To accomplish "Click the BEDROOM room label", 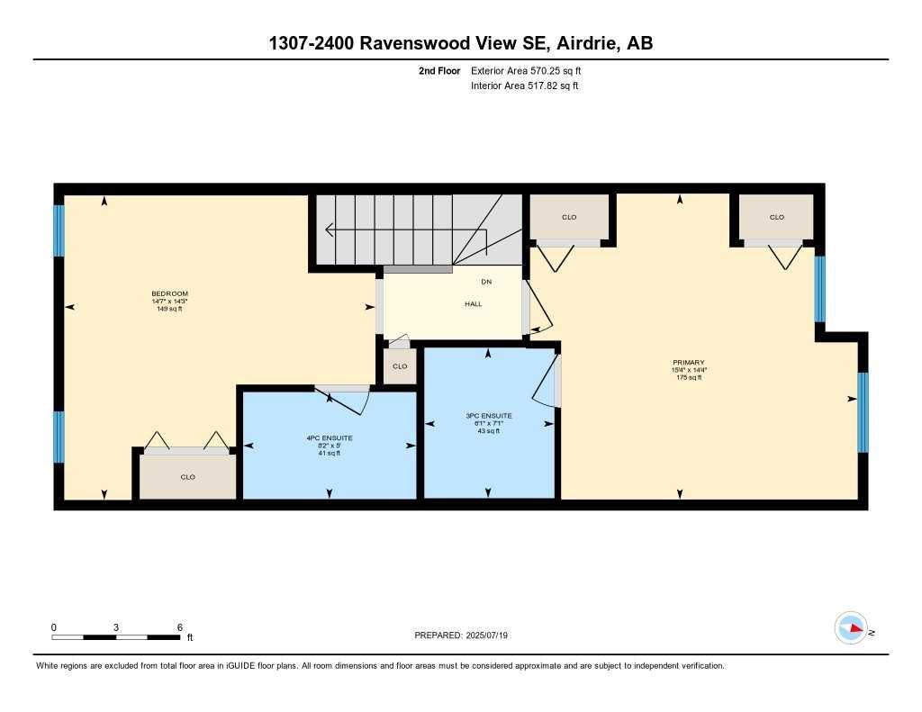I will coord(169,294).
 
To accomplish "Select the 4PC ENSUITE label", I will coord(330,438).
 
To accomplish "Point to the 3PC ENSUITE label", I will coord(489,416).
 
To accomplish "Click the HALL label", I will coord(473,304).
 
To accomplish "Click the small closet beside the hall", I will coord(400,366).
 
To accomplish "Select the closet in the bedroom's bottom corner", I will coord(187,477).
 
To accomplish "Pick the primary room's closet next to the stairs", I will coord(569,217).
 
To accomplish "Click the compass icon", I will coord(851,627).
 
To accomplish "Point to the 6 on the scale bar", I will coord(180,627).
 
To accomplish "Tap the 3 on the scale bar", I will coord(116,627).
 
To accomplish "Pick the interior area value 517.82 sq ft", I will coord(551,86).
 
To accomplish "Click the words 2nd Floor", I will coord(439,70).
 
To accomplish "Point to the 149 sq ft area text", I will coord(169,309).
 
